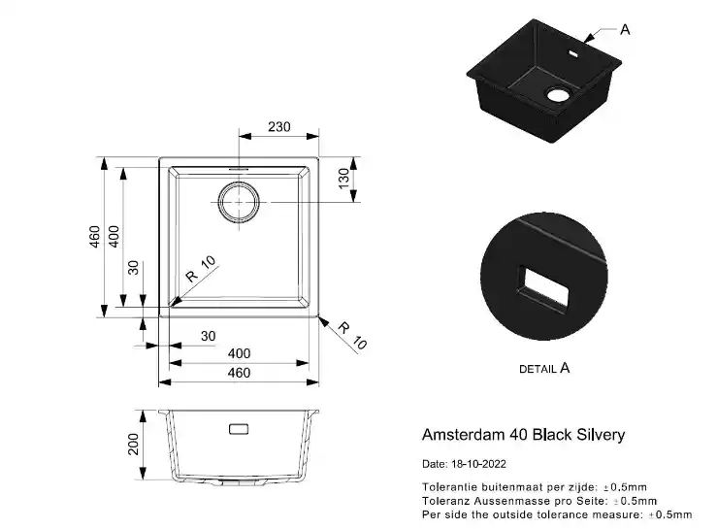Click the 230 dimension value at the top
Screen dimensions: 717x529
pos(278,127)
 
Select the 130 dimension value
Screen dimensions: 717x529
pos(343,179)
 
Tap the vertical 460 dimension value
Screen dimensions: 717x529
pos(94,237)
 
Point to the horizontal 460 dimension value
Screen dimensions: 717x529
pos(239,373)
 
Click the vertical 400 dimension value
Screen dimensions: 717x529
pos(114,237)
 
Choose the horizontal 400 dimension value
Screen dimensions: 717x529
pos(239,353)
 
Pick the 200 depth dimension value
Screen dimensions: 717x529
pos(133,445)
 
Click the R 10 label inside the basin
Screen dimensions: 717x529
pos(200,269)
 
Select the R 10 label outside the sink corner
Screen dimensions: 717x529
pos(352,336)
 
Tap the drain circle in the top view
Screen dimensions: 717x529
pos(239,202)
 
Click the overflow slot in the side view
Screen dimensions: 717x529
pos(239,429)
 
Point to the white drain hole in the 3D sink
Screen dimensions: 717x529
pos(557,95)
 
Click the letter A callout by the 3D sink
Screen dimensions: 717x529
pos(625,30)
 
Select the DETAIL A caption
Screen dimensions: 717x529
pos(544,368)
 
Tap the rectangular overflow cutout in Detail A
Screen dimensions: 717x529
pos(542,287)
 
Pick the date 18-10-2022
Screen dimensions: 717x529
pos(478,464)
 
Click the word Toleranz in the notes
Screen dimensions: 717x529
pos(442,501)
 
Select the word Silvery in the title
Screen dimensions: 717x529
pos(601,435)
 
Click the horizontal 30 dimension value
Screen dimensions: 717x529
pos(208,336)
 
